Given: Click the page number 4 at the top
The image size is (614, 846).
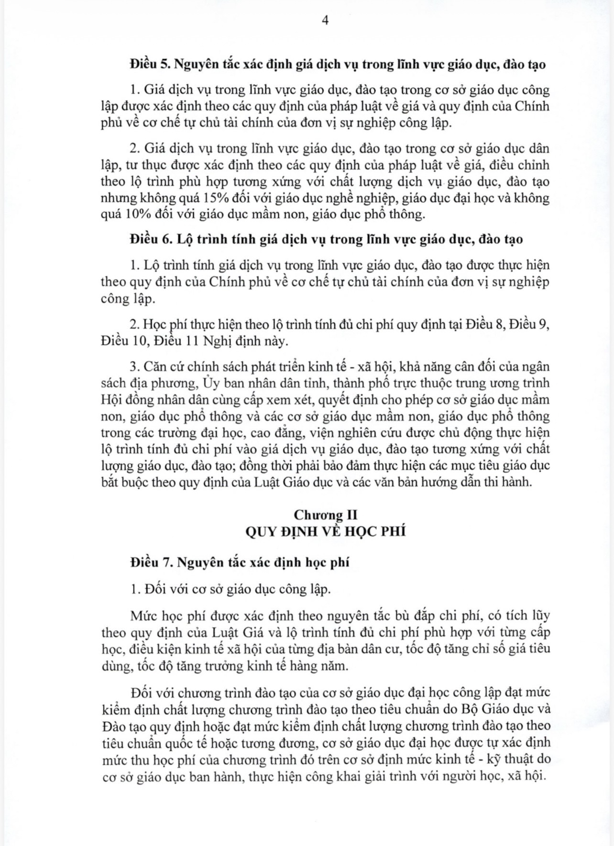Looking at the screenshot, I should pos(325,21).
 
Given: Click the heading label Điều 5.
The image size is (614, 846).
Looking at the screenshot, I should pos(148,65).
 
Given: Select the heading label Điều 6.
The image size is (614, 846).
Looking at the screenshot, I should pos(149,239).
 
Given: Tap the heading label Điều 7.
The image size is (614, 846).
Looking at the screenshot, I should pos(149,562).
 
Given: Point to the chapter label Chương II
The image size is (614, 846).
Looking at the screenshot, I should pos(325,515).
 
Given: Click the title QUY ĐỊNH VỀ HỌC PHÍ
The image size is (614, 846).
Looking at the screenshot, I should pos(325,531).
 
